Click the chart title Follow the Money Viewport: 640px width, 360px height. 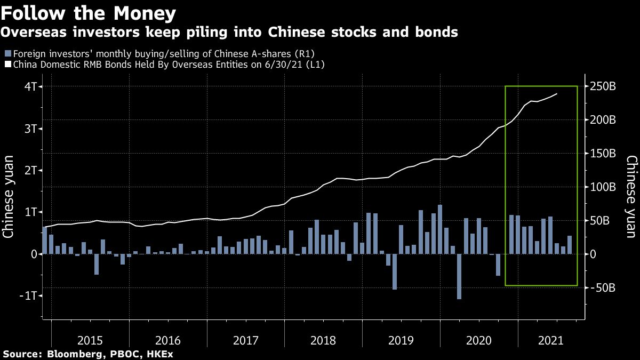(x=89, y=12)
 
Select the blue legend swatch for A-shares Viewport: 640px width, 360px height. (x=7, y=54)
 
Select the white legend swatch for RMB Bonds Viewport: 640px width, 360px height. (x=7, y=65)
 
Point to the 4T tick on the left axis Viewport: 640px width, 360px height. (x=29, y=86)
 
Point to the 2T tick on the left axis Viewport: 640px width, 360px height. (x=29, y=170)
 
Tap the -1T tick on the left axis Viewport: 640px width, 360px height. (x=27, y=296)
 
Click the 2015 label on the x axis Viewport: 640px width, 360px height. (x=90, y=340)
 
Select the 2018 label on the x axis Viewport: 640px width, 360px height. (x=323, y=340)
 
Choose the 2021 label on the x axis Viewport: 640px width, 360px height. (x=556, y=340)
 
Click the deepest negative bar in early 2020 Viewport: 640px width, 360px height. (x=459, y=276)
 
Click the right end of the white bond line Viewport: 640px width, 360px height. (x=557, y=94)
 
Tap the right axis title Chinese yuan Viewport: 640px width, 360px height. (x=631, y=196)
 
